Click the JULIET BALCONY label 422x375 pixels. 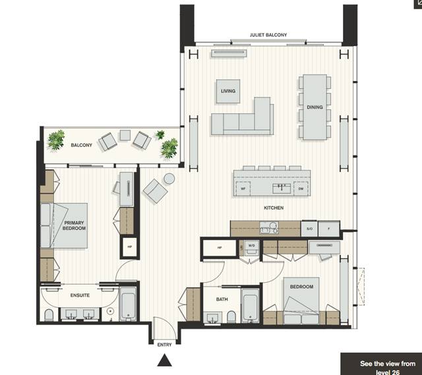point(268,35)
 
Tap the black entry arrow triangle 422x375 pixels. point(164,361)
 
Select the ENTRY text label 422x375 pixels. point(164,345)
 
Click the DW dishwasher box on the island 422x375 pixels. point(301,188)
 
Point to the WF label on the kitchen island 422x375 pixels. point(243,188)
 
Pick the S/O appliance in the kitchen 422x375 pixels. point(309,229)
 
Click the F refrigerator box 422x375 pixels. point(329,229)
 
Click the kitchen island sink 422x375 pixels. point(282,188)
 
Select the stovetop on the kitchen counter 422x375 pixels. point(269,227)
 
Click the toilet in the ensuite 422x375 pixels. point(49,315)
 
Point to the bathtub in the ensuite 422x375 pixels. point(128,304)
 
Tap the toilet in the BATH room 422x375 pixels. point(231,316)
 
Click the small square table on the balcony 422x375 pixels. point(125,135)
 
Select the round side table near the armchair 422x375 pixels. point(169,179)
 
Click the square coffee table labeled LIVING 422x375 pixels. point(228,91)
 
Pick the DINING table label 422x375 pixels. point(315,107)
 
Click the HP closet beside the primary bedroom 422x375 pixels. point(130,247)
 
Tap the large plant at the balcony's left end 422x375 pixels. point(56,140)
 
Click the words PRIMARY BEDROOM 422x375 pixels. point(74,225)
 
